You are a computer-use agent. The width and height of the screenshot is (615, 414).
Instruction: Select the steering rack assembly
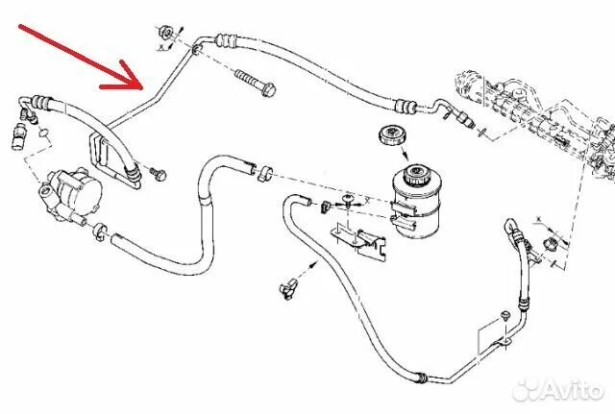(x=538, y=115)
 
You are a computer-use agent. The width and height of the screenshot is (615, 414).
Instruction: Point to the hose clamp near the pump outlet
(x=99, y=231)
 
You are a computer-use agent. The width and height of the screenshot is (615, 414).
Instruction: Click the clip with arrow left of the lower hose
(x=285, y=284)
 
